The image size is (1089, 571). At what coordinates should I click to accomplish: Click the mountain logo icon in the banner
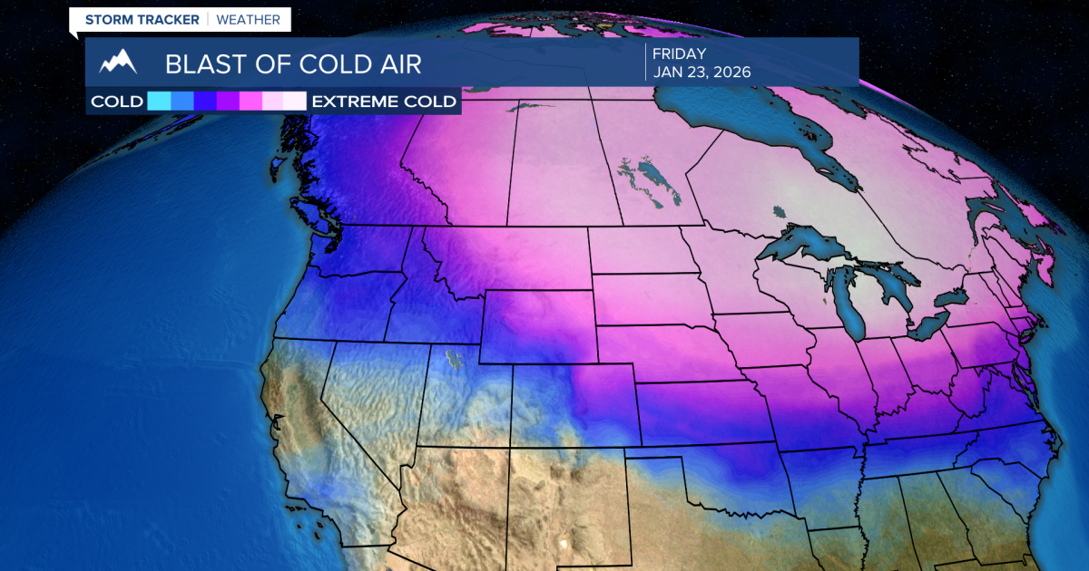(118, 63)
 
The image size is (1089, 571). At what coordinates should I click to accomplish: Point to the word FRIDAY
(678, 53)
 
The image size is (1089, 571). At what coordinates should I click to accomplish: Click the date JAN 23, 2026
(701, 72)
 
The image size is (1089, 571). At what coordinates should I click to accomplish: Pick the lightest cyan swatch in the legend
(159, 101)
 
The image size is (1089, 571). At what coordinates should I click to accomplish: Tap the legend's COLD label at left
(117, 102)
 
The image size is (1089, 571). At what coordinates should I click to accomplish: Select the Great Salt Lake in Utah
(453, 361)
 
